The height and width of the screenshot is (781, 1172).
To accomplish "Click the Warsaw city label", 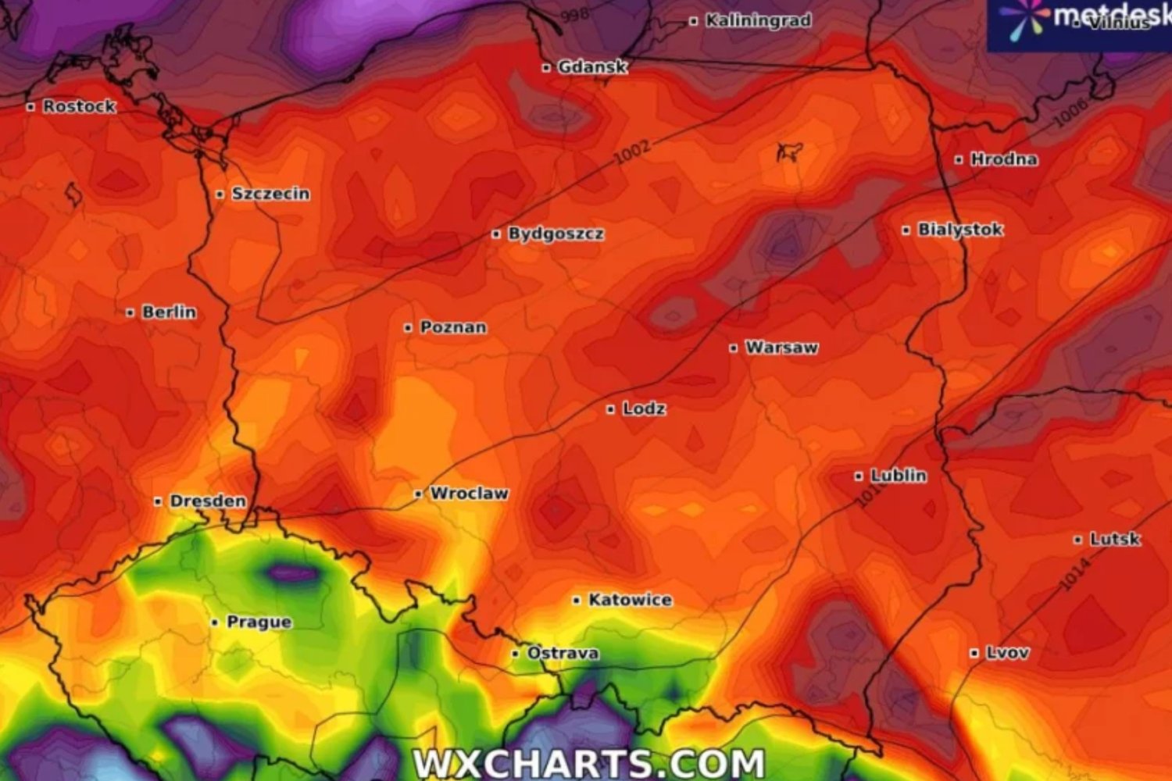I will point(781,348).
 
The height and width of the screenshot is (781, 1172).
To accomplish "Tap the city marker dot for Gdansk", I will point(546,68).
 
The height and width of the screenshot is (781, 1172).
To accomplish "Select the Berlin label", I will point(169,312).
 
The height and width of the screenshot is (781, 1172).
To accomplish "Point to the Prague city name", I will point(259,622).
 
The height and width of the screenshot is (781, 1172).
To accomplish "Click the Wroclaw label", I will point(469,494).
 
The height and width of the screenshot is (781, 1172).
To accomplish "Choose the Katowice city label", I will point(630,600).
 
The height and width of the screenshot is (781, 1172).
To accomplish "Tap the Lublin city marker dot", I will point(859,476).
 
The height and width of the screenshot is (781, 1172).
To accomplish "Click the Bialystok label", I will point(960,230).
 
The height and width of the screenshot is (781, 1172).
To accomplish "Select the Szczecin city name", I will point(270,194).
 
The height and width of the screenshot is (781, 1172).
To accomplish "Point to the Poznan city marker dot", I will point(408,328).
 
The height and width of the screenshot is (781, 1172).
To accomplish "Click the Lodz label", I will point(644,408).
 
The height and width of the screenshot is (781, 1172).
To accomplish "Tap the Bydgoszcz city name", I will point(556,234).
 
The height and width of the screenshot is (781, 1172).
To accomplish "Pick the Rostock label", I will point(79,106).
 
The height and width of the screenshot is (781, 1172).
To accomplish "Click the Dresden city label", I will point(208,501).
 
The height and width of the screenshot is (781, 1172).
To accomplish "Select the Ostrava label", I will point(563,653).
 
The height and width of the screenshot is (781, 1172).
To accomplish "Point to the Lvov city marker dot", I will point(974,653).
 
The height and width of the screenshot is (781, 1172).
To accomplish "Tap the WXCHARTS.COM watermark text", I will point(588,762).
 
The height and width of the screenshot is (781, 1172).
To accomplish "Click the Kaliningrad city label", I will point(758,21).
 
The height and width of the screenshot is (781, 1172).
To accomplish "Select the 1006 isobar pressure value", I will point(1070,113).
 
